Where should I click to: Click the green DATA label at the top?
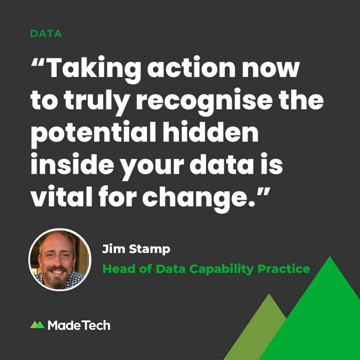46,34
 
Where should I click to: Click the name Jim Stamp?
136,249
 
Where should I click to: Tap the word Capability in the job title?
221,269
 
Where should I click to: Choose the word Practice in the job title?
284,269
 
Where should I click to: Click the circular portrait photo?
60,260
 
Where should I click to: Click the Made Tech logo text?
79,325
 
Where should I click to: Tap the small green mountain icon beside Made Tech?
37,324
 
